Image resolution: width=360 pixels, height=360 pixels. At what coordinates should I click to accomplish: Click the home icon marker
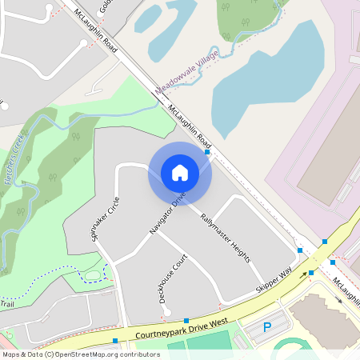[180, 173]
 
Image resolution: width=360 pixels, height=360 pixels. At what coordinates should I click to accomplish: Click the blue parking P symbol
[268, 326]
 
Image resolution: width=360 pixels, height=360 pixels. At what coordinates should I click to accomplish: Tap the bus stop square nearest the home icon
[207, 151]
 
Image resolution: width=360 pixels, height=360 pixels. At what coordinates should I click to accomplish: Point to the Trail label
[7, 304]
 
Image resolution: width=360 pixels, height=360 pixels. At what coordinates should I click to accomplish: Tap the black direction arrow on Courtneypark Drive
[304, 275]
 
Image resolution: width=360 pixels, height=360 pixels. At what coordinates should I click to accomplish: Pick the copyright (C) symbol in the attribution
[50, 354]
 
